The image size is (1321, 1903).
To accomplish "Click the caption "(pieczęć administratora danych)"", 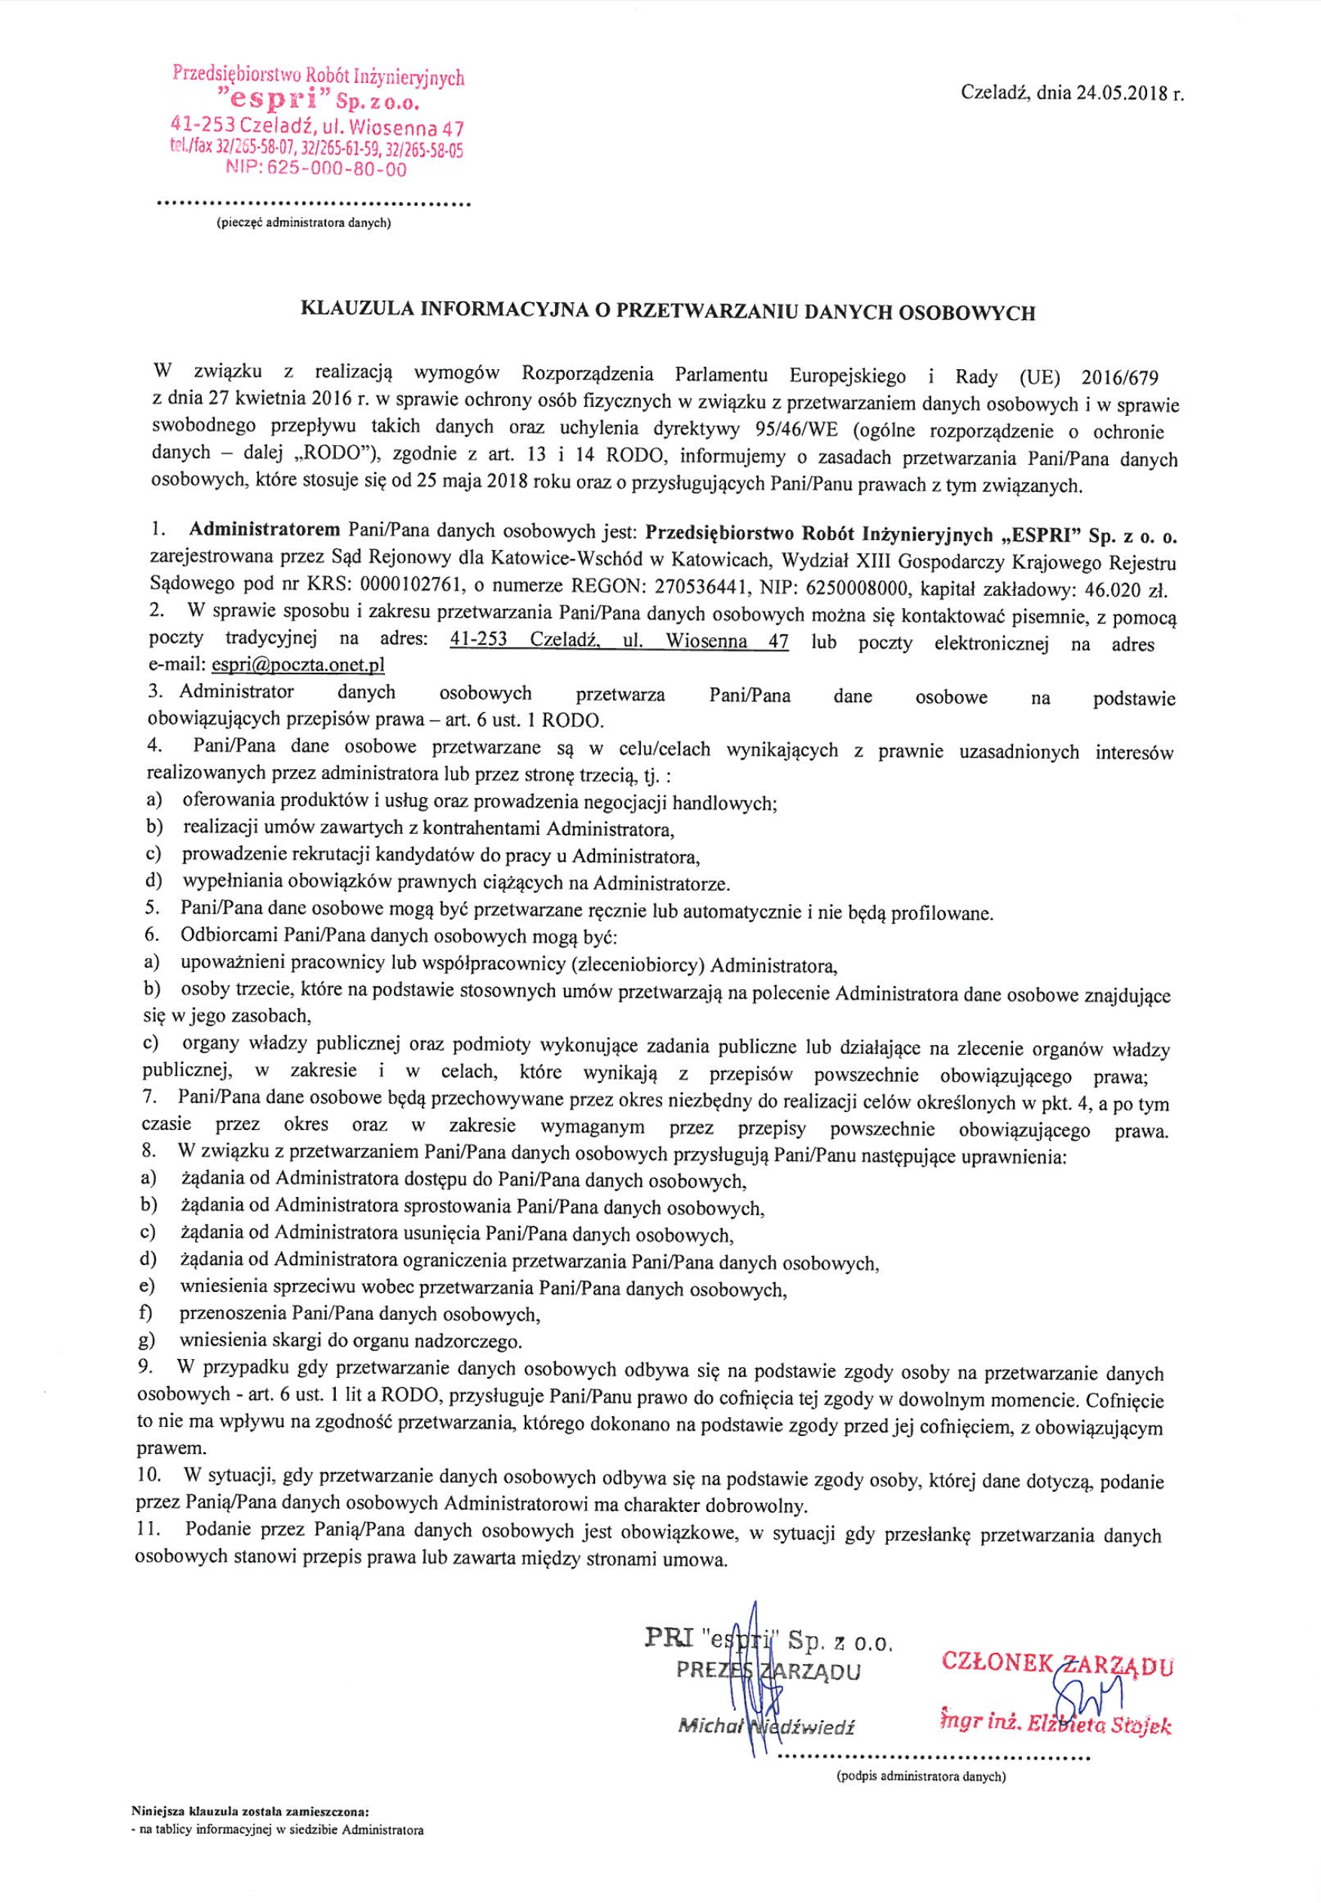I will (x=303, y=224).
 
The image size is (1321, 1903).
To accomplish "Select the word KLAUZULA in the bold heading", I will (x=353, y=312).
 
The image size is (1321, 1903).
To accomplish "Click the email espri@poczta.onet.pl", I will (x=298, y=665).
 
